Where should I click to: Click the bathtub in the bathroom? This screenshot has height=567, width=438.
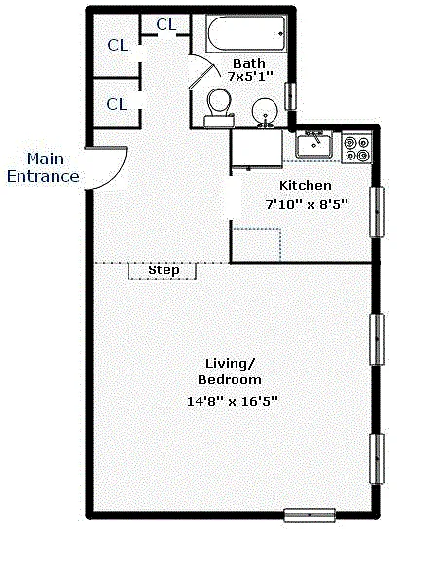click(246, 34)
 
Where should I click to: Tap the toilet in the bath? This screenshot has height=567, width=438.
click(219, 108)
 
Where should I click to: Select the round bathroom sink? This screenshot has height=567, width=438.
click(265, 112)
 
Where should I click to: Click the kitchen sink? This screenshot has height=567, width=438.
click(314, 145)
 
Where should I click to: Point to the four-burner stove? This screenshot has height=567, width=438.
click(357, 149)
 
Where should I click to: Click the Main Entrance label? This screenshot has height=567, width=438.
click(43, 168)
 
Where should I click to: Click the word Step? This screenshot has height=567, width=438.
click(164, 270)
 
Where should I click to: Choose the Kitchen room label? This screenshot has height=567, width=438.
click(306, 186)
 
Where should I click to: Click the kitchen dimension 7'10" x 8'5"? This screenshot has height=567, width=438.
click(307, 204)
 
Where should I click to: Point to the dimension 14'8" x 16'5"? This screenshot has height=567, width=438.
click(232, 401)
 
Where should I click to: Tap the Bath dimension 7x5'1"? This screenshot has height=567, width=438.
click(249, 76)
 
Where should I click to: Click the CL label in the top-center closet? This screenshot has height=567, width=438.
click(166, 25)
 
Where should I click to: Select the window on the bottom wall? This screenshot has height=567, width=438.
click(310, 514)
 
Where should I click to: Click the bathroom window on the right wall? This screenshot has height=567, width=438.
click(290, 96)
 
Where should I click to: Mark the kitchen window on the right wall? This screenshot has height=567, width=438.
click(377, 212)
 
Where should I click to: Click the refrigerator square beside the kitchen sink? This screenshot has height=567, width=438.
click(257, 150)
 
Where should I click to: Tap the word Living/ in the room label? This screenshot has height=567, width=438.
click(231, 364)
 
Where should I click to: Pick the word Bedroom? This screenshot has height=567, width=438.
click(230, 379)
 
